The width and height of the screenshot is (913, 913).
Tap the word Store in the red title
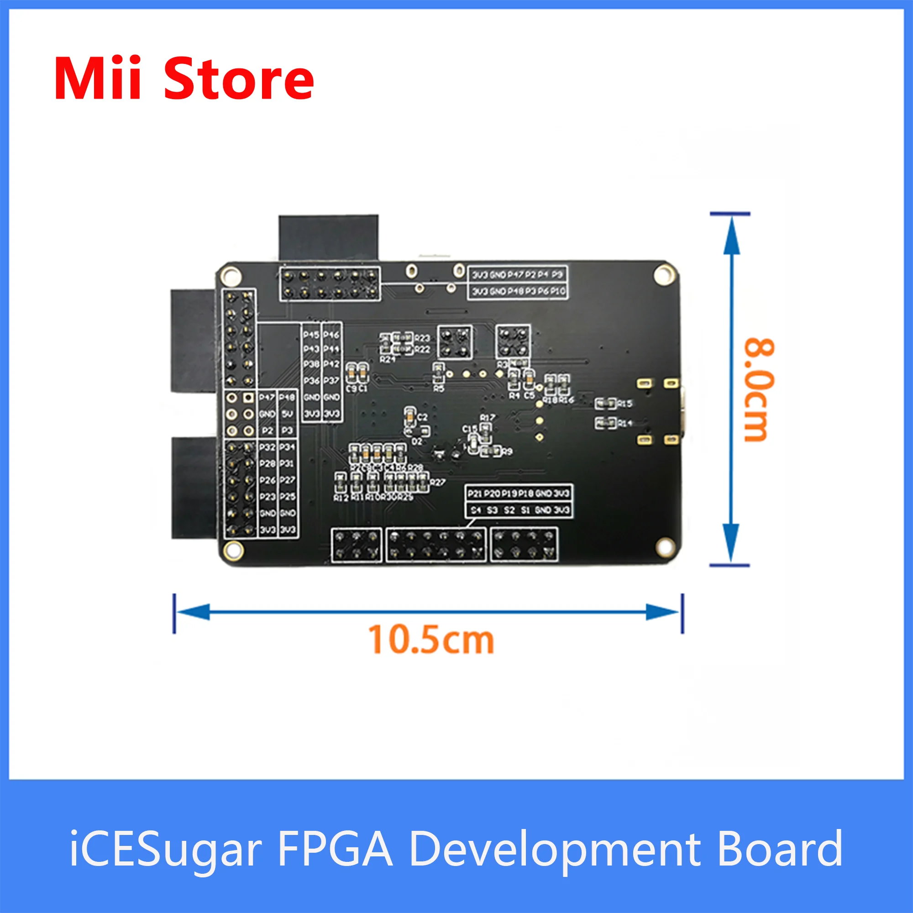(239, 79)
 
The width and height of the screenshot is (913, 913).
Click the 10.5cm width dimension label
(430, 641)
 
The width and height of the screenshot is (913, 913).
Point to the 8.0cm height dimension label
(760, 390)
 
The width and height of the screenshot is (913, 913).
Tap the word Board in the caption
(779, 848)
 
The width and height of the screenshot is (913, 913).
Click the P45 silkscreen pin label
(311, 335)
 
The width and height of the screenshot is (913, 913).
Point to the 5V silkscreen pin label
(287, 414)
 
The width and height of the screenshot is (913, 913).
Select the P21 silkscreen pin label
(474, 493)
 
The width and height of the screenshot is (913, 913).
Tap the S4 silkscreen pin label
(476, 510)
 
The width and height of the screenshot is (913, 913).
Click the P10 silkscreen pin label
(558, 291)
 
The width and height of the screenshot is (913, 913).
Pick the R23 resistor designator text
(422, 338)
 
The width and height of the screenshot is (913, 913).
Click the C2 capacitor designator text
(422, 417)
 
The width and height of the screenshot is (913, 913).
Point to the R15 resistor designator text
(625, 404)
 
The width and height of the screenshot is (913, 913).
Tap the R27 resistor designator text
(438, 482)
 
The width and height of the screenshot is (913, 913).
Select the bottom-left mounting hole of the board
(232, 550)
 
